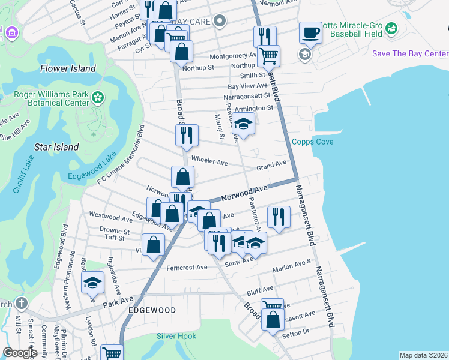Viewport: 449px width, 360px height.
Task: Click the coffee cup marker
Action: click(310, 32)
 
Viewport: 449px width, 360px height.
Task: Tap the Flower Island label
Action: click(68, 68)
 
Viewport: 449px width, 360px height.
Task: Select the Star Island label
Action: click(56, 146)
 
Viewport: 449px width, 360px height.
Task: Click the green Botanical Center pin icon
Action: click(97, 96)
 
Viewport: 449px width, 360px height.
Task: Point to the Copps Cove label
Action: click(312, 142)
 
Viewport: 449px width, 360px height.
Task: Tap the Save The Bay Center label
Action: click(410, 53)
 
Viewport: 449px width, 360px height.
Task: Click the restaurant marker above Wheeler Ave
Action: click(187, 136)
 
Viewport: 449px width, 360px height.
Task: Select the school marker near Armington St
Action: click(243, 124)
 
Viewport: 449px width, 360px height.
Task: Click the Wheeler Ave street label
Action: click(209, 161)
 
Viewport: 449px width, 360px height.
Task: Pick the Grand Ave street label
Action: click(271, 164)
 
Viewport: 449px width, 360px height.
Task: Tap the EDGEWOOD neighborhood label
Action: click(152, 310)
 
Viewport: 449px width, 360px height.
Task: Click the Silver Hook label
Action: click(176, 336)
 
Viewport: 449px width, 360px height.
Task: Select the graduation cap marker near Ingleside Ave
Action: click(93, 283)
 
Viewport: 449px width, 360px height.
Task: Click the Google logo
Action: click(20, 353)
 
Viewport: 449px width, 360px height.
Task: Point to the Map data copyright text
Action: click(423, 355)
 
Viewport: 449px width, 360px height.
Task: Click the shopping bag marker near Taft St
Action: click(154, 245)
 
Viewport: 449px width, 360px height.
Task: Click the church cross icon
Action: click(22, 303)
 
